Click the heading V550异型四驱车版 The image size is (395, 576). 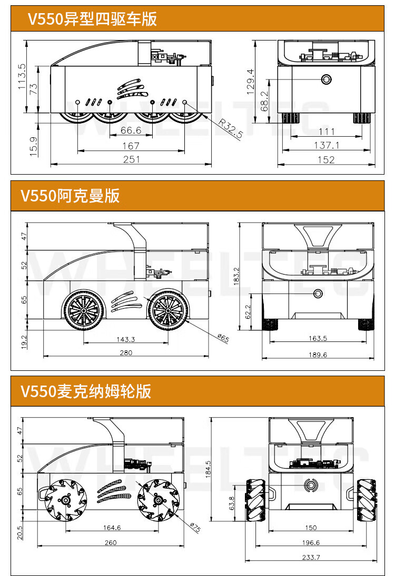pos(92,19)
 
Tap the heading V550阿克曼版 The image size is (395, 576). pos(71,196)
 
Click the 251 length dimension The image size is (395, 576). pos(131,159)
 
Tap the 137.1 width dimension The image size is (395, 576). pos(327,145)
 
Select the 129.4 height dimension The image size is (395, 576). pos(250,82)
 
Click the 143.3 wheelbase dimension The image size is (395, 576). pos(125,339)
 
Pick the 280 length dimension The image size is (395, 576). pos(126,352)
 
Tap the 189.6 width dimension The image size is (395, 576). pos(318,355)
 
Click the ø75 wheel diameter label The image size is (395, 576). pos(194,527)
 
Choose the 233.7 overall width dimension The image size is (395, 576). pos(311,557)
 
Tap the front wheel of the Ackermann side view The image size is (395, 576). pos(167,310)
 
